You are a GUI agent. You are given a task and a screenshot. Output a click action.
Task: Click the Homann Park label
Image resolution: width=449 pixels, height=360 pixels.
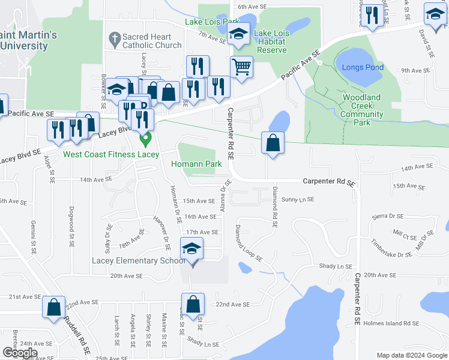pyautogui.click(x=197, y=164)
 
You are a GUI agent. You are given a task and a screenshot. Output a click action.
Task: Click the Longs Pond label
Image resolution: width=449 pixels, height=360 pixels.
pyautogui.click(x=363, y=67)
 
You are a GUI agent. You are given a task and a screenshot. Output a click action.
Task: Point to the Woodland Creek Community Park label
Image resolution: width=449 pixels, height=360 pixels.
pyautogui.click(x=363, y=110)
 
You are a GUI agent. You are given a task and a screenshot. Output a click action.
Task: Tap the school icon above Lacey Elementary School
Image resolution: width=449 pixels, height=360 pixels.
pyautogui.click(x=191, y=248)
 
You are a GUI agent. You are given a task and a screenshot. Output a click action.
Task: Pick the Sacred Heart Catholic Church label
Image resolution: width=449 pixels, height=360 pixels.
pyautogui.click(x=152, y=41)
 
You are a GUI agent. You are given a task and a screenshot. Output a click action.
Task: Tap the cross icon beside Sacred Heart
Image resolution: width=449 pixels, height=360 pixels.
pyautogui.click(x=114, y=40)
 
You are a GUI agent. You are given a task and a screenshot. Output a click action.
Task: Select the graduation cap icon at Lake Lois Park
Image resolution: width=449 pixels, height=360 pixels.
pyautogui.click(x=239, y=34)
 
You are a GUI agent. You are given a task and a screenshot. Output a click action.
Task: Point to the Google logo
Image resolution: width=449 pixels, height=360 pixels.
pyautogui.click(x=20, y=353)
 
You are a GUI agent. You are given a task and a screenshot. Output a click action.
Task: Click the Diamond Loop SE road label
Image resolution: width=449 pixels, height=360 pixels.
pyautogui.click(x=249, y=244)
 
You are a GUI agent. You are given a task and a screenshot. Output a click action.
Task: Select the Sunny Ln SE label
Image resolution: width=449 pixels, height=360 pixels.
pyautogui.click(x=298, y=199)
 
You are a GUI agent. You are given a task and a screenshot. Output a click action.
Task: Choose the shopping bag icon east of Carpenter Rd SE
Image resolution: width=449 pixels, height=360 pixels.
pyautogui.click(x=273, y=143)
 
